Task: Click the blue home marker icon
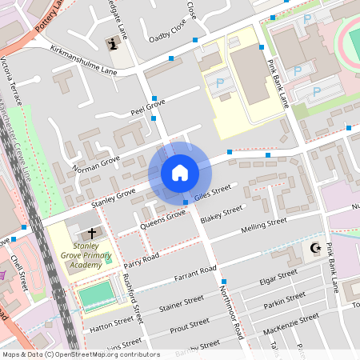[179, 172]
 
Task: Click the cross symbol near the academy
[92, 233]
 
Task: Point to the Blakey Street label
[222, 214]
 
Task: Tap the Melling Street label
[263, 226]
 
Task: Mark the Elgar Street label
[278, 279]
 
